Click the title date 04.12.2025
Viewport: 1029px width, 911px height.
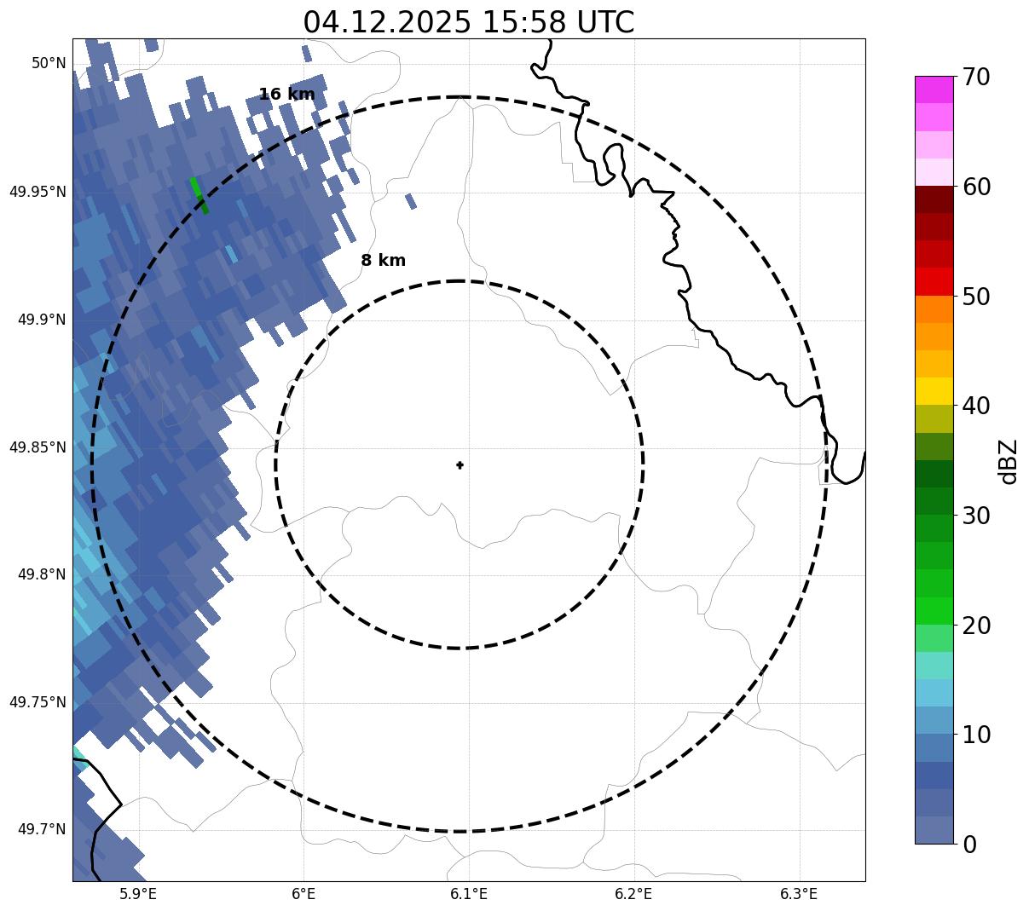pos(386,22)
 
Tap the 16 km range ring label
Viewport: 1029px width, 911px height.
pos(286,95)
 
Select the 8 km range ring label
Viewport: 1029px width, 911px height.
pos(383,261)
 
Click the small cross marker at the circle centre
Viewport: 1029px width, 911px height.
pos(460,464)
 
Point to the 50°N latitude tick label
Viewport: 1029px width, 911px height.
pos(49,64)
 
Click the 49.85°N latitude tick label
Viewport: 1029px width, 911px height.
pos(38,447)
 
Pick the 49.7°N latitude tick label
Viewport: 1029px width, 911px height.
pos(41,830)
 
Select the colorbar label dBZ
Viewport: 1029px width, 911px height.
pos(1009,462)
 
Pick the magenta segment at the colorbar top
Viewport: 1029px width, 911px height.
pos(934,89)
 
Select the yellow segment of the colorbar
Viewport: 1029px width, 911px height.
pos(934,391)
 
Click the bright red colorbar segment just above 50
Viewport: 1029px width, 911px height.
pos(934,281)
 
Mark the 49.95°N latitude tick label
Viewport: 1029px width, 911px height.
pos(38,192)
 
